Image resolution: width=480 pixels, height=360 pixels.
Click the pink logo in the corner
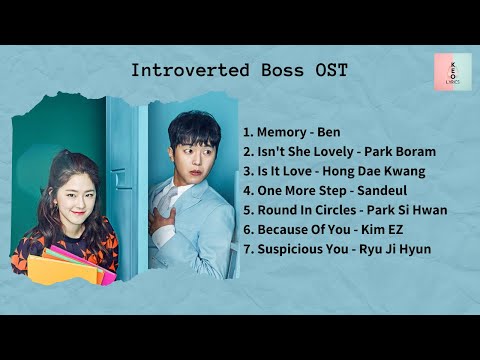[452, 71]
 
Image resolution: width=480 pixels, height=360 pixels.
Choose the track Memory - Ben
[291, 132]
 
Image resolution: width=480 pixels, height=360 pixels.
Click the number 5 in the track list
[247, 210]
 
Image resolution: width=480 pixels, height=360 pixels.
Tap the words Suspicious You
[298, 248]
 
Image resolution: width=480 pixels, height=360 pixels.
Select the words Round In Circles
[304, 210]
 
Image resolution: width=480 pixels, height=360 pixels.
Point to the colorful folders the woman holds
[70, 268]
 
